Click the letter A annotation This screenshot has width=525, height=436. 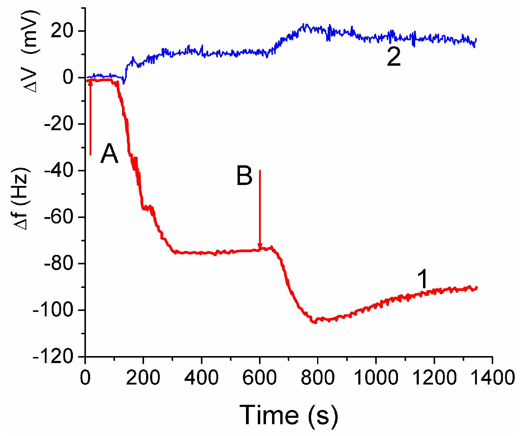pyautogui.click(x=109, y=154)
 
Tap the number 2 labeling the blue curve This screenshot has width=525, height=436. pyautogui.click(x=394, y=57)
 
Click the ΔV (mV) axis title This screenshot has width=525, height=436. pyautogui.click(x=32, y=51)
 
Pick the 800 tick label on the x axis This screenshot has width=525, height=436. pyautogui.click(x=317, y=378)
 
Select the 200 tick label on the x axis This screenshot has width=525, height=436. pyautogui.click(x=143, y=378)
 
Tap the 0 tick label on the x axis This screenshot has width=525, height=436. pyautogui.click(x=86, y=378)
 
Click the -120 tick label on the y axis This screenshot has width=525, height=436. pyautogui.click(x=53, y=357)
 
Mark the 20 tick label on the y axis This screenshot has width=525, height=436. pyautogui.click(x=62, y=31)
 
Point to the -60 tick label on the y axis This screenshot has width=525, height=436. pyautogui.click(x=59, y=217)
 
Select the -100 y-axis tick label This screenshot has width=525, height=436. pyautogui.click(x=53, y=310)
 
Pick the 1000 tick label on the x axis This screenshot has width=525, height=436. pyautogui.click(x=376, y=378)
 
